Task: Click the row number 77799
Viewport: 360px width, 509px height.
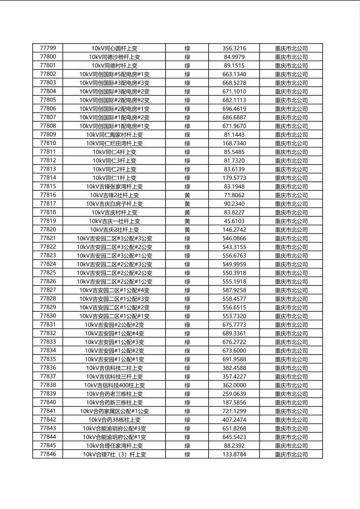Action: pos(48,48)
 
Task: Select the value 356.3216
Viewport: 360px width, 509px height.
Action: pos(234,48)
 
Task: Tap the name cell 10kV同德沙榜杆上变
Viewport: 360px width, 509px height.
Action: pos(114,57)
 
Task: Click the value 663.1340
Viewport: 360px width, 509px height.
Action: pos(234,74)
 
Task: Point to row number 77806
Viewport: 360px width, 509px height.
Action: pos(48,108)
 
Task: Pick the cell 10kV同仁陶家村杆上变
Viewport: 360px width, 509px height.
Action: pos(114,135)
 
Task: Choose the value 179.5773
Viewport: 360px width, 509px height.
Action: pos(234,178)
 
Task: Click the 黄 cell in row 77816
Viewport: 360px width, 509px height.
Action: pos(187,195)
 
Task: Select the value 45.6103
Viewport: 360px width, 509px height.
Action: pos(234,221)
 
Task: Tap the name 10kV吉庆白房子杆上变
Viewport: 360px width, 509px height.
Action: pos(114,204)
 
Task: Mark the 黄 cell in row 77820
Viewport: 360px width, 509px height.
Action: pos(187,229)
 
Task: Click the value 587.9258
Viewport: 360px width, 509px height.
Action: pos(234,290)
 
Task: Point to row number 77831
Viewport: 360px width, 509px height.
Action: pos(48,324)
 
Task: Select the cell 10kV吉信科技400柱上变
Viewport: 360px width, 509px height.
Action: pos(114,385)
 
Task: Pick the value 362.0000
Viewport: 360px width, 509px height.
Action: pos(234,385)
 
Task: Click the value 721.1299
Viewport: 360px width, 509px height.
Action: pos(234,411)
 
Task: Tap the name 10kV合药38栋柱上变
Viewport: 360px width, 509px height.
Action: pos(114,419)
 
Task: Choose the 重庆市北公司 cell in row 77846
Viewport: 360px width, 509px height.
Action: pos(291,454)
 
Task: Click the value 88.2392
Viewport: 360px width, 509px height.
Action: pos(234,446)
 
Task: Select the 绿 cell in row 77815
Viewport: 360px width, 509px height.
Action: pos(187,186)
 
